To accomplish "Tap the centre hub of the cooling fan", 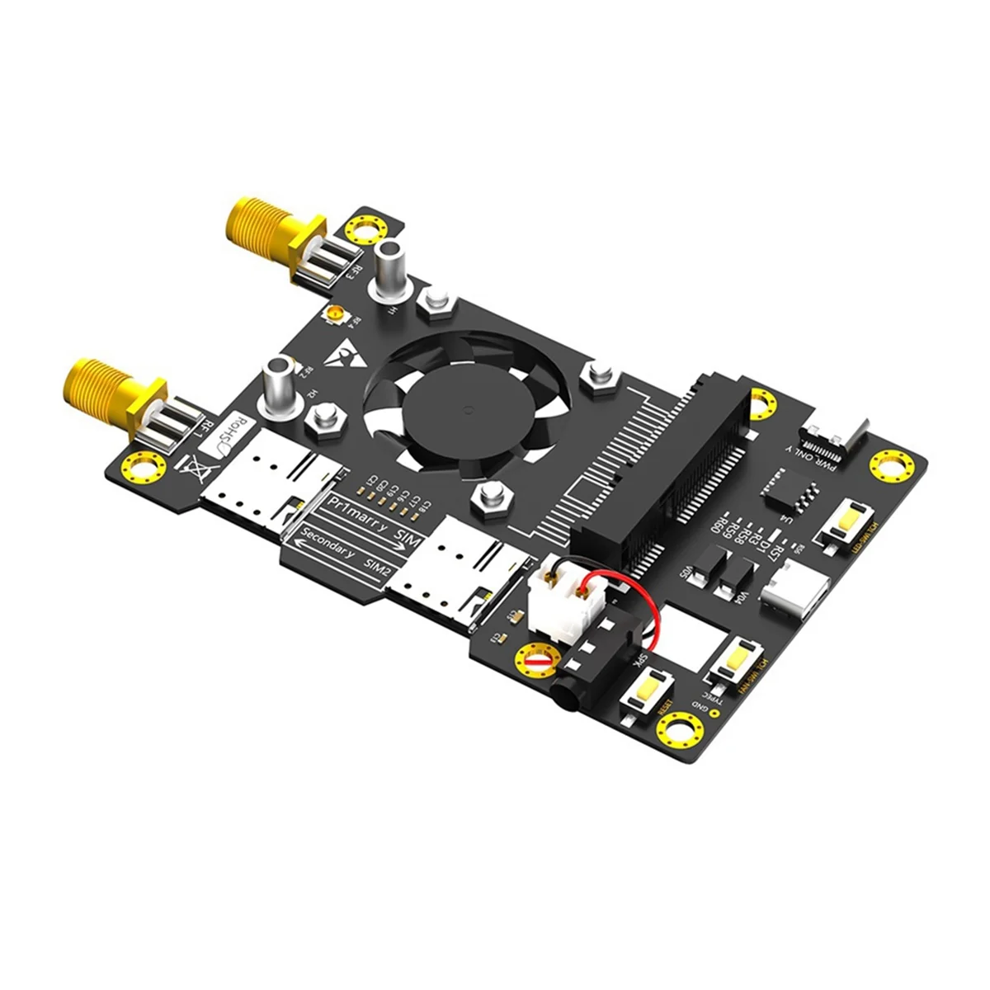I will coord(467,408).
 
